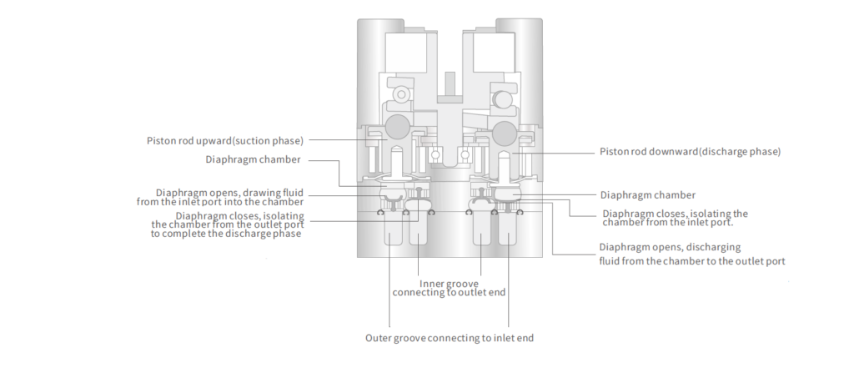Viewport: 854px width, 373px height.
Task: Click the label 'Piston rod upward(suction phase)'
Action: pos(224,140)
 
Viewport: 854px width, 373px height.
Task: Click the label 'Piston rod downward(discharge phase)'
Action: pos(690,152)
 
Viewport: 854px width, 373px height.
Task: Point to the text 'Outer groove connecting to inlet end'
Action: pos(449,338)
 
